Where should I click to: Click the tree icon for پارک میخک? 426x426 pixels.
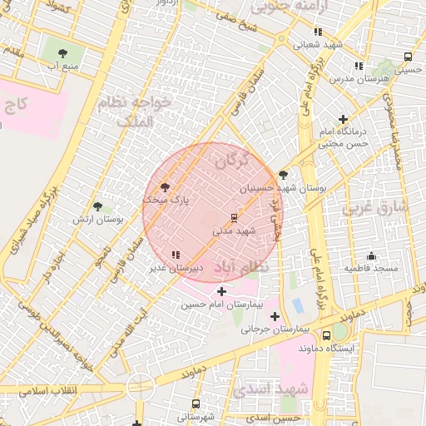pyautogui.click(x=162, y=186)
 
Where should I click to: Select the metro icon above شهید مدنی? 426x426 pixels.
pyautogui.click(x=233, y=217)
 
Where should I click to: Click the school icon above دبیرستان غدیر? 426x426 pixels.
pyautogui.click(x=174, y=255)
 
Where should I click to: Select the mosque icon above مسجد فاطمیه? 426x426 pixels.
pyautogui.click(x=371, y=255)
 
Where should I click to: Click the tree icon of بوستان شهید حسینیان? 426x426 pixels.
pyautogui.click(x=284, y=175)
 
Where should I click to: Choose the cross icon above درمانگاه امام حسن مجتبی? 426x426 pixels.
pyautogui.click(x=343, y=120)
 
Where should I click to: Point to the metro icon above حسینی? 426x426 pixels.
pyautogui.click(x=407, y=57)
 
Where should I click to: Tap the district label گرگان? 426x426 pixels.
pyautogui.click(x=231, y=160)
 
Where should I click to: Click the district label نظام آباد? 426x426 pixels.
pyautogui.click(x=242, y=268)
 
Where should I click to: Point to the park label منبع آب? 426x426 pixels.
pyautogui.click(x=64, y=64)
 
